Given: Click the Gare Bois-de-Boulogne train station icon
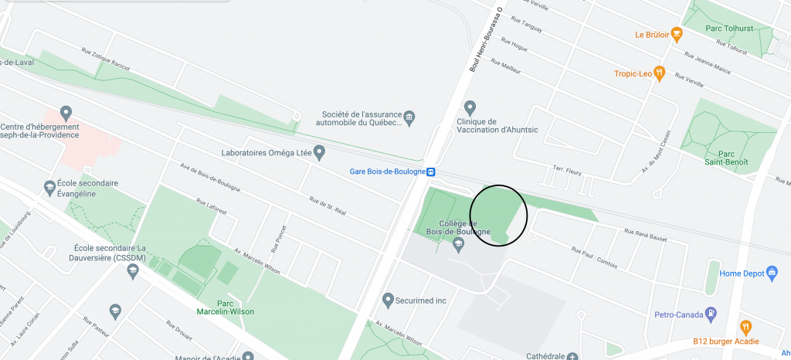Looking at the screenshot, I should [432, 172].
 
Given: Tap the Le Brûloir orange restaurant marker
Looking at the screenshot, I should [677, 34].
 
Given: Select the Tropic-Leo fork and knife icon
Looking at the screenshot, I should [660, 73].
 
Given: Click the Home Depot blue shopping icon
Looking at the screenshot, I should [772, 273].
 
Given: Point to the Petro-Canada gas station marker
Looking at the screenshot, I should [711, 314].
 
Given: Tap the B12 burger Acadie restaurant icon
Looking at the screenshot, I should [745, 328].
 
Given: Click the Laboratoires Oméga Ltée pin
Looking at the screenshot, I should [319, 152].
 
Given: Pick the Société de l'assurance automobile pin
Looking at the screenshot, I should [410, 118].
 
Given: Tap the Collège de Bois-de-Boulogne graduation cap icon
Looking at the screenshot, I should [458, 245].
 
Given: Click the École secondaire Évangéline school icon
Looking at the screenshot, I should [50, 187].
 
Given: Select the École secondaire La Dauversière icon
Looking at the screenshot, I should [133, 270].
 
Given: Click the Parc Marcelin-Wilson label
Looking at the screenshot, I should [224, 307].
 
